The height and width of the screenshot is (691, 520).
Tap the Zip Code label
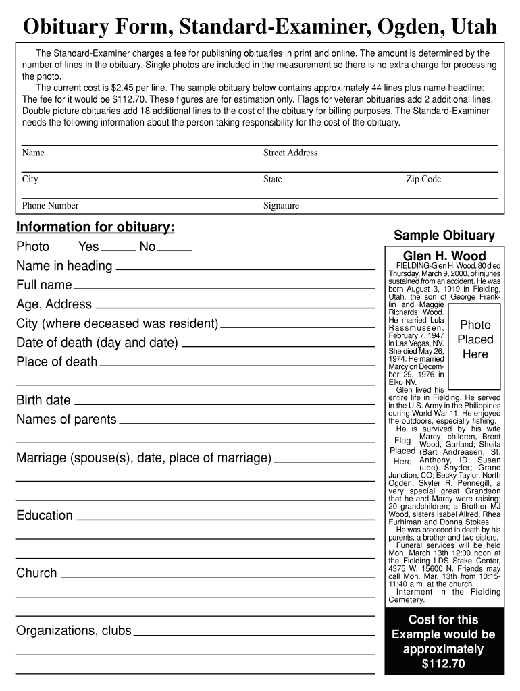point(423,179)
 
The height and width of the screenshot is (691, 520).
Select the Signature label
point(281,206)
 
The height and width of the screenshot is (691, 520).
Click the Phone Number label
point(50,206)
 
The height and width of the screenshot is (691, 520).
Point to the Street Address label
point(290,153)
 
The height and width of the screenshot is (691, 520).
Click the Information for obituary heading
point(95,227)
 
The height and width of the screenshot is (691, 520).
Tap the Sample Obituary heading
point(444,236)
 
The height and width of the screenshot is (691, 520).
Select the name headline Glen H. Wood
point(444,256)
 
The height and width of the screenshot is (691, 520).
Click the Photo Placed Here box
point(475,339)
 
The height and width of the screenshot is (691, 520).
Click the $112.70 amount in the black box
point(444,664)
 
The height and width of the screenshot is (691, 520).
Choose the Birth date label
point(43,400)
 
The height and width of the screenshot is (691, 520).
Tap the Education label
point(44,516)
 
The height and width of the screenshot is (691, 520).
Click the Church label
point(36,573)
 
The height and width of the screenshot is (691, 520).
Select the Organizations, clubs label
point(74,631)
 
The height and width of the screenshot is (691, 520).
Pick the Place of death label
point(57,362)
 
